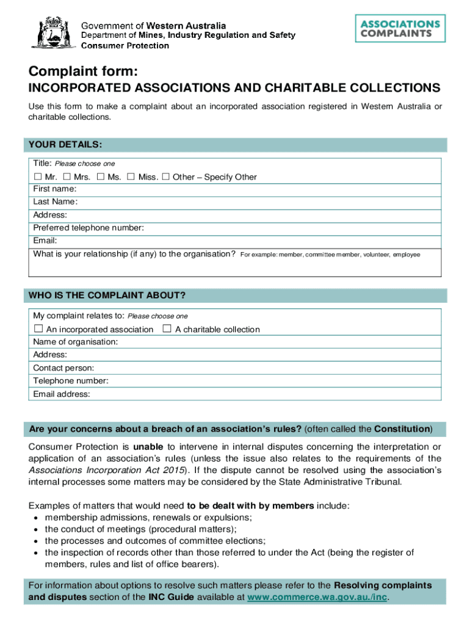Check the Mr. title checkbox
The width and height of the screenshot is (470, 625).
[x=37, y=177]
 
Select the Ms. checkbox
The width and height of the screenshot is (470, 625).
[x=100, y=177]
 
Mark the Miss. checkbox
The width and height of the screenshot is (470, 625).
[x=131, y=177]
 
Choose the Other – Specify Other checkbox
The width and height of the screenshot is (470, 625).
[x=165, y=177]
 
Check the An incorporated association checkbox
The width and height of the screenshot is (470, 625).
[x=38, y=329]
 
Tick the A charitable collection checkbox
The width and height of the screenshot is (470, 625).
[x=167, y=329]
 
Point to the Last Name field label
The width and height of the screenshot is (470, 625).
[x=56, y=202]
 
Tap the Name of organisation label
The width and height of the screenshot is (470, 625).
[x=76, y=342]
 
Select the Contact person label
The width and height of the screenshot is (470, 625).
[x=63, y=368]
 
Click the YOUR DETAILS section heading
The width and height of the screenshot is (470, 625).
[x=65, y=145]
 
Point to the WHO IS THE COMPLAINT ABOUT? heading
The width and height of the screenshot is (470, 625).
[x=107, y=296]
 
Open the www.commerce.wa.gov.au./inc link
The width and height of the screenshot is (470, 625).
[x=317, y=597]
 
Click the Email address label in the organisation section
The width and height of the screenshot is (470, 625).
[x=62, y=394]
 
